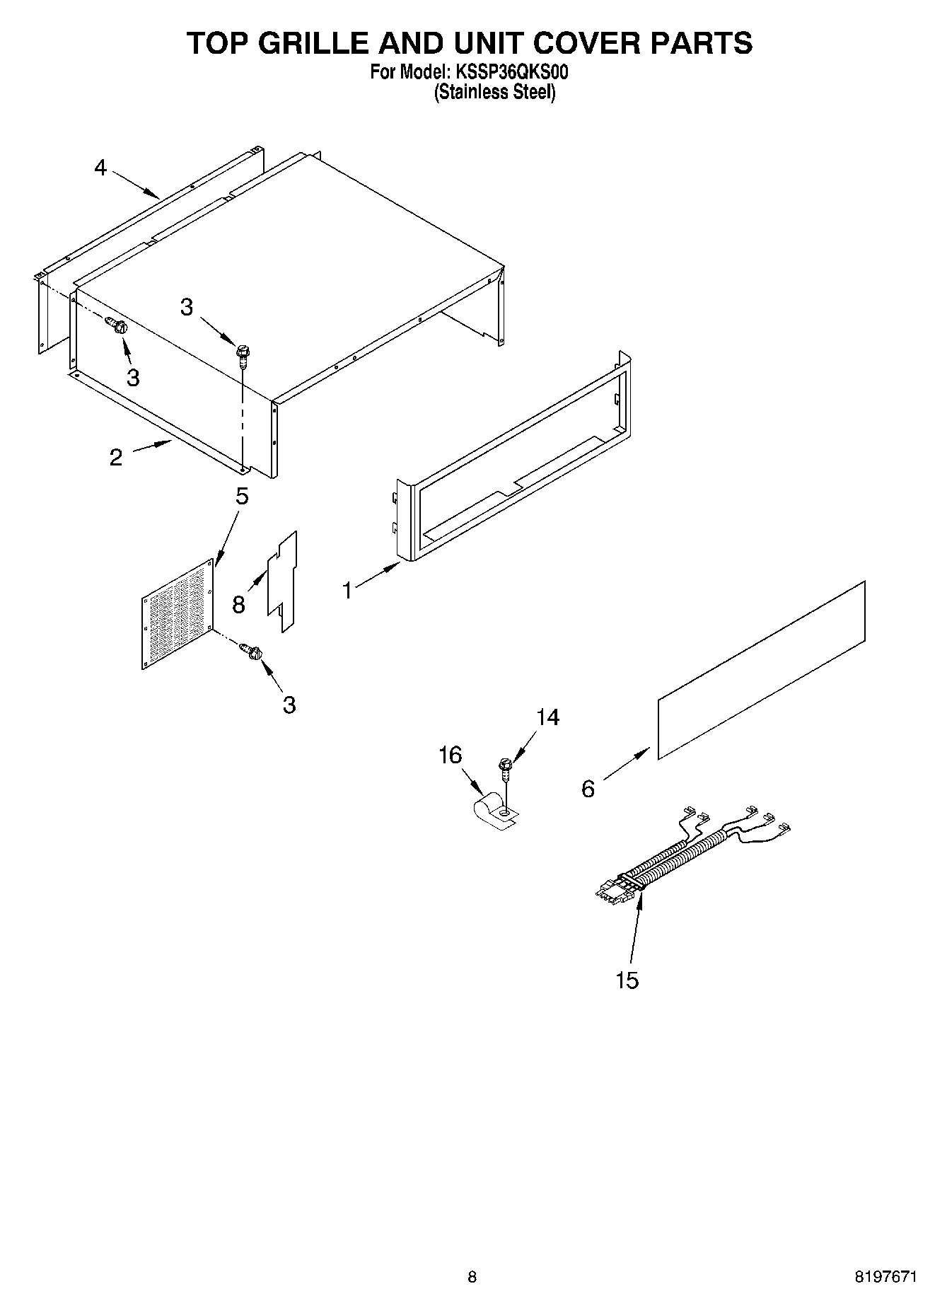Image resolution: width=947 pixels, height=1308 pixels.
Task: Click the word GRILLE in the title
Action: (x=316, y=44)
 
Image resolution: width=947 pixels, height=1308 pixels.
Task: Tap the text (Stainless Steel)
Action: (x=494, y=93)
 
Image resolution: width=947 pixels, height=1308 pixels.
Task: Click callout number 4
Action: (x=100, y=168)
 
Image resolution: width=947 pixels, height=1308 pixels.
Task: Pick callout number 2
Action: (x=116, y=457)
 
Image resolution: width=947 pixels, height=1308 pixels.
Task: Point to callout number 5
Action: (x=242, y=497)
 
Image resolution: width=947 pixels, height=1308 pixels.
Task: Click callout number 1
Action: (x=347, y=589)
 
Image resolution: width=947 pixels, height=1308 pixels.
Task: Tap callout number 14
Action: (x=547, y=717)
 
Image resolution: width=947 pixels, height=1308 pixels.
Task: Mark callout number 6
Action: (x=588, y=789)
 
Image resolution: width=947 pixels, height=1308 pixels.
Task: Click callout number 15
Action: (x=627, y=980)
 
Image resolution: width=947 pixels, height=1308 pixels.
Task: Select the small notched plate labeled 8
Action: (x=282, y=580)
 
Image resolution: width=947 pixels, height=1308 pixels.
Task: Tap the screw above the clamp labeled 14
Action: (x=505, y=768)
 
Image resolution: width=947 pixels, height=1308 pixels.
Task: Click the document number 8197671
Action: (x=885, y=1277)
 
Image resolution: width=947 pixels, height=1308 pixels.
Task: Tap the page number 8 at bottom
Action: (x=472, y=1277)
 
